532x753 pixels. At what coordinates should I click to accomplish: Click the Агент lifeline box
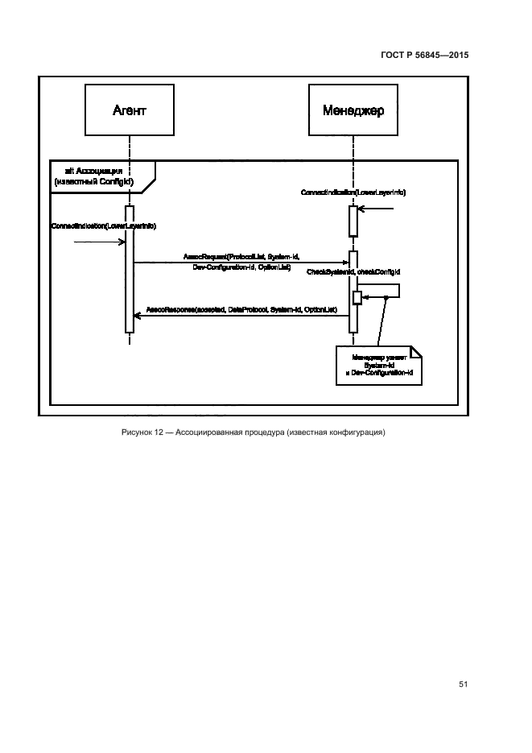[129, 110]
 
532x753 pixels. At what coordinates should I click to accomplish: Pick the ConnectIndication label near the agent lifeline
[103, 226]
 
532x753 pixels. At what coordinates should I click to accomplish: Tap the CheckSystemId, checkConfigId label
[353, 273]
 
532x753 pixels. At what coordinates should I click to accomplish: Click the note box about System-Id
[379, 364]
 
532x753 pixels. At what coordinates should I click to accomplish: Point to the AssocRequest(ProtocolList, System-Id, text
[241, 255]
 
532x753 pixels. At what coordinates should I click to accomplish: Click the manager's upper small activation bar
[353, 221]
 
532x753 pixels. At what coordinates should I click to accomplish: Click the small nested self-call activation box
[358, 298]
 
